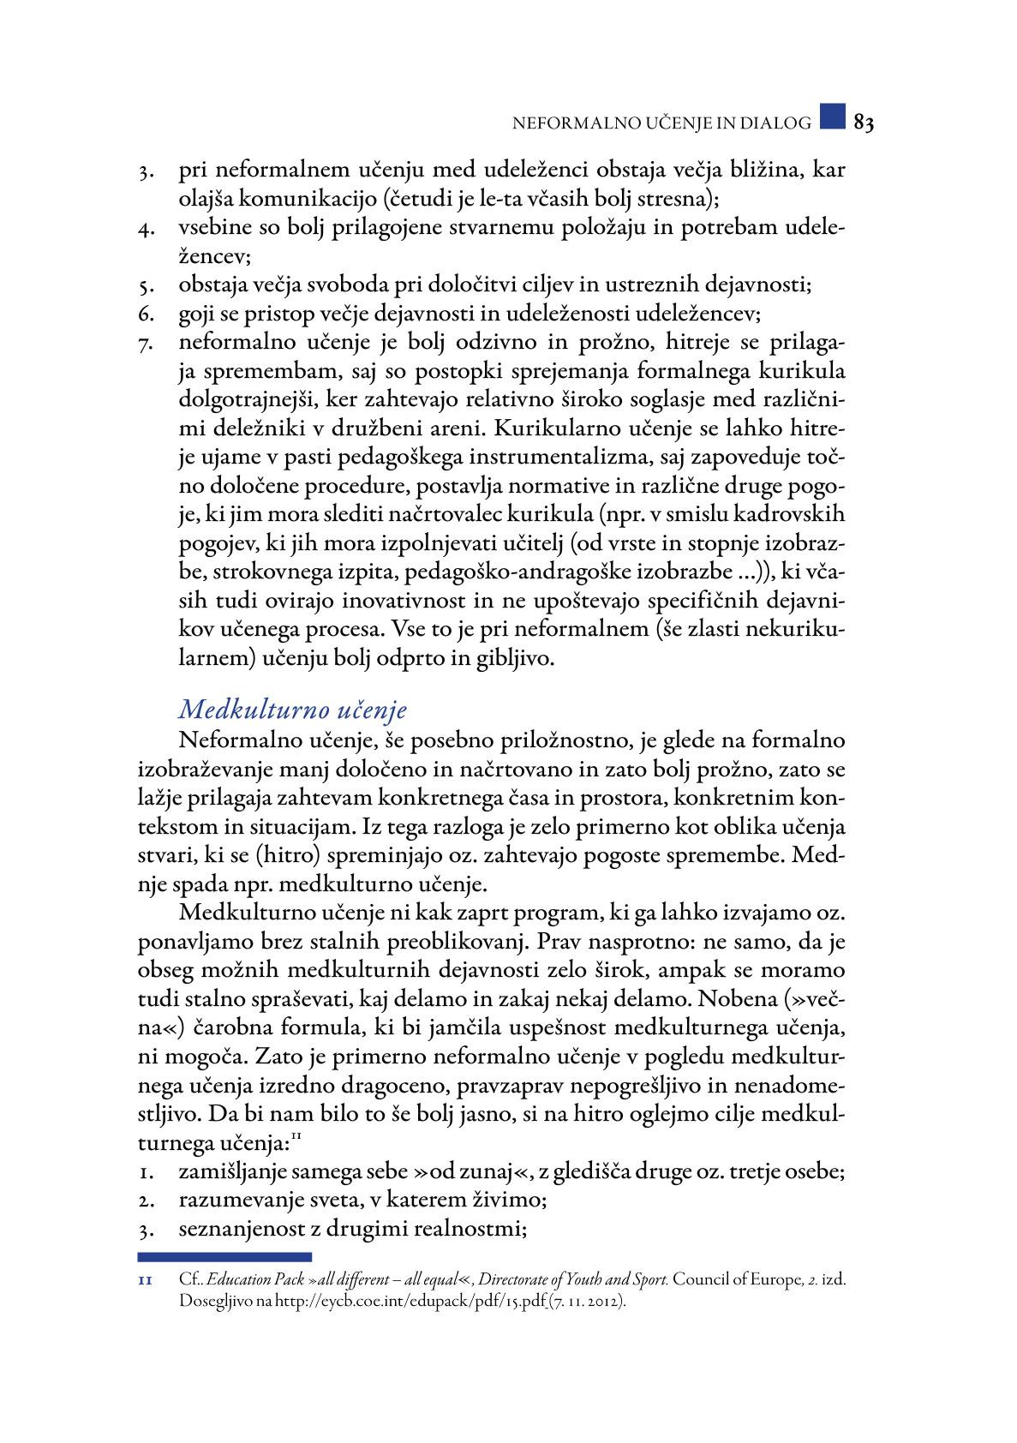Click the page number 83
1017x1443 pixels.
tap(864, 123)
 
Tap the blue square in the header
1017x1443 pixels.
tap(832, 117)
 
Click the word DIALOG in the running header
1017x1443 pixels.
tap(775, 123)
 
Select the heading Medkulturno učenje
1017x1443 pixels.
tap(292, 710)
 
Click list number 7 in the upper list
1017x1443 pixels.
tap(145, 344)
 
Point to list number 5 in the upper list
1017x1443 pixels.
tap(145, 287)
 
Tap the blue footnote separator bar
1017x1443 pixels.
tap(224, 1257)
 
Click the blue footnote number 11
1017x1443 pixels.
tap(145, 1280)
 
